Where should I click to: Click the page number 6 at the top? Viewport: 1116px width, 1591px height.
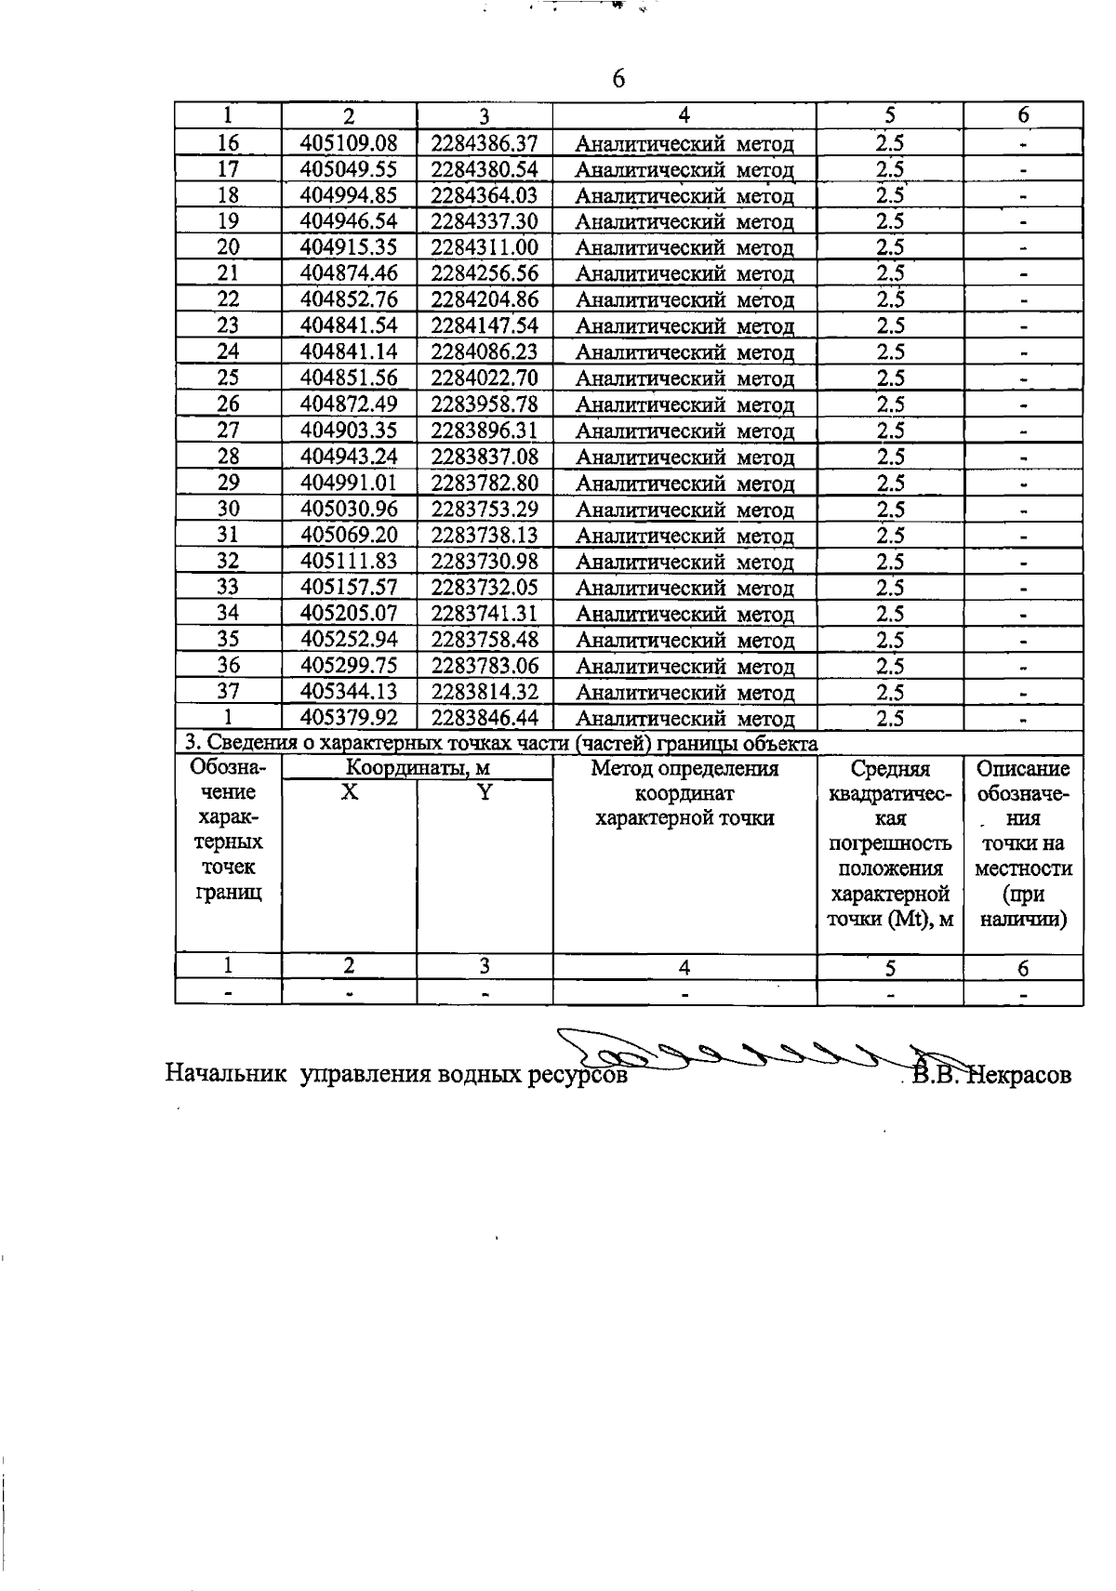[x=619, y=79]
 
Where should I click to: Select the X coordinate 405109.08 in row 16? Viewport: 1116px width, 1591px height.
[x=349, y=143]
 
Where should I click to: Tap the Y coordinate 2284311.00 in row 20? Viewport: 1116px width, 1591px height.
[x=485, y=247]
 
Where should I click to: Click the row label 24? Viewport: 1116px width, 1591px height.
[x=228, y=352]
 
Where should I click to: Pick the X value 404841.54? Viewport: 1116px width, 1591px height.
[x=349, y=326]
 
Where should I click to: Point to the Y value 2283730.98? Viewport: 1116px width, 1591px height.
[x=485, y=562]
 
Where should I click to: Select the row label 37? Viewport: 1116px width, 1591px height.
[x=228, y=692]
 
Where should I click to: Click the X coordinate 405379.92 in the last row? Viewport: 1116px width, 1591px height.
[x=349, y=718]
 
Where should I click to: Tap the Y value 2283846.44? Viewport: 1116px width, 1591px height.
[x=485, y=718]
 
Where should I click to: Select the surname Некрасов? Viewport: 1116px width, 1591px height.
[x=1020, y=1075]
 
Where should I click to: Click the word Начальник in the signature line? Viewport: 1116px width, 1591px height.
[x=227, y=1075]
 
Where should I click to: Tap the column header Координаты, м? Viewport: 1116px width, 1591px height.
[x=418, y=768]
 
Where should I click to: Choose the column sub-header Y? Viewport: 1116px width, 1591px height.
[x=485, y=792]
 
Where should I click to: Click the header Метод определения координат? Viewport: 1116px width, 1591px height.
[x=684, y=781]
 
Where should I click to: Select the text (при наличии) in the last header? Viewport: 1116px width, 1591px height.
[x=1023, y=907]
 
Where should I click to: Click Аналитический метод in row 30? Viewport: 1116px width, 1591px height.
[x=684, y=510]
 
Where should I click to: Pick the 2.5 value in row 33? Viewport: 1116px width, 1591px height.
[x=890, y=588]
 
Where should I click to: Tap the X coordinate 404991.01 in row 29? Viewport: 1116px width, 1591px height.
[x=349, y=484]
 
